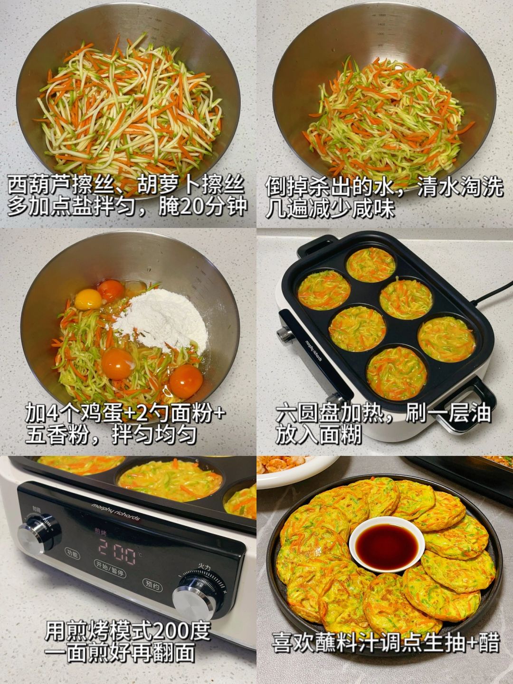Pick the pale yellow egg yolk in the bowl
click(x=88, y=299)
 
